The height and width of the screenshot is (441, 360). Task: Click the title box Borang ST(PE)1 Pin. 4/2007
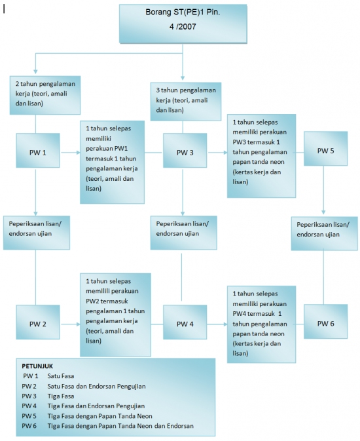pos(183,24)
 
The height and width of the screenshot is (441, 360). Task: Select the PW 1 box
pos(38,150)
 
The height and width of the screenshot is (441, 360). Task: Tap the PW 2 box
pos(38,322)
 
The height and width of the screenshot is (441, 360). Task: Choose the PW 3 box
pos(185,150)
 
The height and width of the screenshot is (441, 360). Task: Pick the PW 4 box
pos(185,322)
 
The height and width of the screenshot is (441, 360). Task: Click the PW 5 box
pos(326,149)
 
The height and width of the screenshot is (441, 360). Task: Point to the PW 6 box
pos(326,321)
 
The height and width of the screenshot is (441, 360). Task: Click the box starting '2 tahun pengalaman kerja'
pos(45,95)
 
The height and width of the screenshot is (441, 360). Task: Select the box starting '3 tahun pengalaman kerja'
pos(186,102)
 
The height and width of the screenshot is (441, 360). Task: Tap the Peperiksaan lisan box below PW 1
pos(37,233)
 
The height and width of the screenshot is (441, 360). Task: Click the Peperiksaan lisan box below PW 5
pos(324,233)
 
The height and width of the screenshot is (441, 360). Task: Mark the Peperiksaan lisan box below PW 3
pos(183,233)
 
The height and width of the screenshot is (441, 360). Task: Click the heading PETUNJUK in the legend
pos(37,366)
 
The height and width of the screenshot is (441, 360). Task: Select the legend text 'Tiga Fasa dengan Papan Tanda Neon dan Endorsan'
pos(120,426)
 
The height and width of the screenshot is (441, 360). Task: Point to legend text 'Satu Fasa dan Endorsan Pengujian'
pos(96,386)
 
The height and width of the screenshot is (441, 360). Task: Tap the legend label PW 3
pos(29,396)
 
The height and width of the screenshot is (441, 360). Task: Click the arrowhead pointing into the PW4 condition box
pos(225,324)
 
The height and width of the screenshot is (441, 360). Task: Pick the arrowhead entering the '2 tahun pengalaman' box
pos(35,71)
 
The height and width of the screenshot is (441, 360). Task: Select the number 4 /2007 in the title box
pos(183,27)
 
